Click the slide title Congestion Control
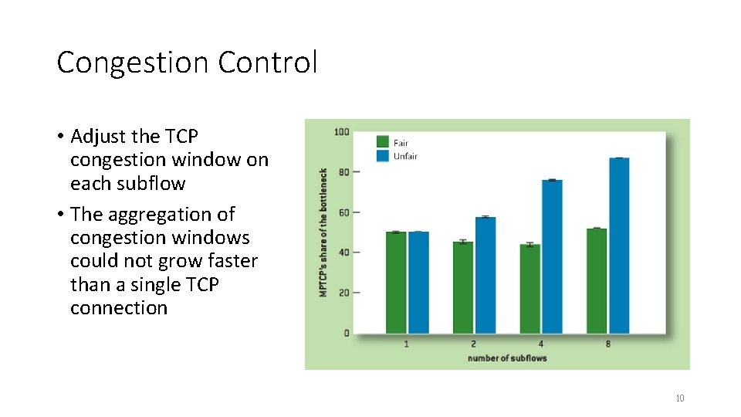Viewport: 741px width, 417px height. (x=187, y=63)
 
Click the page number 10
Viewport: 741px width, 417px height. (x=679, y=398)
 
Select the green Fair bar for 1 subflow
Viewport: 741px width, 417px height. (x=396, y=282)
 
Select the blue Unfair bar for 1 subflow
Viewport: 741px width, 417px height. (x=418, y=282)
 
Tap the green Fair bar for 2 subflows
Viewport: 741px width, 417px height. (x=462, y=287)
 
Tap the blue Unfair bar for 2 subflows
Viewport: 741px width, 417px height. (x=486, y=275)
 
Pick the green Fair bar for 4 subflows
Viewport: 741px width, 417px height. (x=530, y=289)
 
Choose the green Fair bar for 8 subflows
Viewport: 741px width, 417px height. (x=597, y=280)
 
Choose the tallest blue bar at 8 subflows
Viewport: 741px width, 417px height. (x=619, y=246)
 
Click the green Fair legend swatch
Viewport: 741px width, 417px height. (x=383, y=141)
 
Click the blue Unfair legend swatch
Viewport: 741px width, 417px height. (x=383, y=155)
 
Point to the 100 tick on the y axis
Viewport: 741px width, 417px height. (x=341, y=132)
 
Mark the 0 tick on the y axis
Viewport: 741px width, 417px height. (x=345, y=334)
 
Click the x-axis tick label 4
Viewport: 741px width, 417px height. (x=540, y=344)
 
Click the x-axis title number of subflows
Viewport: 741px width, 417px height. (x=506, y=358)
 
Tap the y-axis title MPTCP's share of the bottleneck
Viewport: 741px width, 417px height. (x=323, y=232)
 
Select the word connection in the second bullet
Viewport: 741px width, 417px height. (x=119, y=308)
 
